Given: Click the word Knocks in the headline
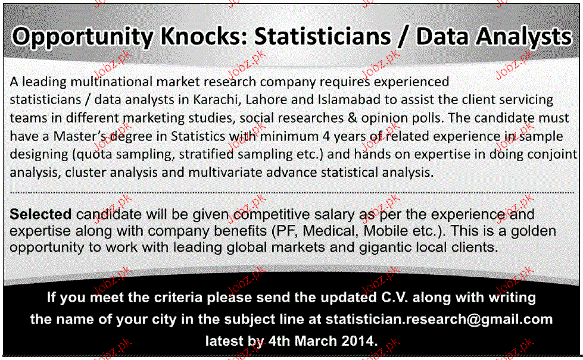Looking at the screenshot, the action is (x=204, y=37).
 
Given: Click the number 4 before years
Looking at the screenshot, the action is (x=326, y=136).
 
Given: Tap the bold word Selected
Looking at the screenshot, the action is (x=40, y=214).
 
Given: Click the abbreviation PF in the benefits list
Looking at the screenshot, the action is (x=287, y=231).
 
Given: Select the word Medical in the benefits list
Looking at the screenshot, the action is (x=331, y=231).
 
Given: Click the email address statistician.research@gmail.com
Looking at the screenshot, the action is (x=439, y=320).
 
